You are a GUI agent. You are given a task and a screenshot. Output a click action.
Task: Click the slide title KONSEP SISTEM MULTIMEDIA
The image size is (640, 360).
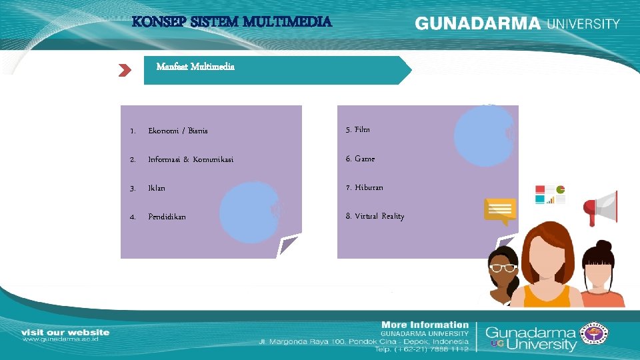(x=231, y=22)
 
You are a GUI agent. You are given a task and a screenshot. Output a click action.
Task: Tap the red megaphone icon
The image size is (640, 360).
(x=601, y=208)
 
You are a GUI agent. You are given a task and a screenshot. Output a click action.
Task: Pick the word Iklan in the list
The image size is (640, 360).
(x=157, y=189)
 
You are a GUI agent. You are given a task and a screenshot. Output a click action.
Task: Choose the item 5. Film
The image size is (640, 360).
(x=358, y=129)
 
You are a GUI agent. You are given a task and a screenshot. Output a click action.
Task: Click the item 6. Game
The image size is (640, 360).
(x=360, y=159)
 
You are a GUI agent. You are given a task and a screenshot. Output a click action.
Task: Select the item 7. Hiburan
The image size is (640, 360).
(x=364, y=187)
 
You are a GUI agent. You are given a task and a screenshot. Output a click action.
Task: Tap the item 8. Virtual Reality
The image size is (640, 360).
(x=375, y=216)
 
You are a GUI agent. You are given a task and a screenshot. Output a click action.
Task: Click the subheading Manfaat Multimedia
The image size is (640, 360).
(x=195, y=67)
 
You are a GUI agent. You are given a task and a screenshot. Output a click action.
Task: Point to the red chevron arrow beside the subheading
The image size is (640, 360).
(x=125, y=70)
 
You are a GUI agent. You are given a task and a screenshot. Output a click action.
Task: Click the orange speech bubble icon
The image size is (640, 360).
(x=500, y=210)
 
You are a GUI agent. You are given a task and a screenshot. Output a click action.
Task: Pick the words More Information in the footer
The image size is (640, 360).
(x=425, y=325)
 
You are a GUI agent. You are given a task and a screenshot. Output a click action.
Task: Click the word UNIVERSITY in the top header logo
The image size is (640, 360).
(x=583, y=23)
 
